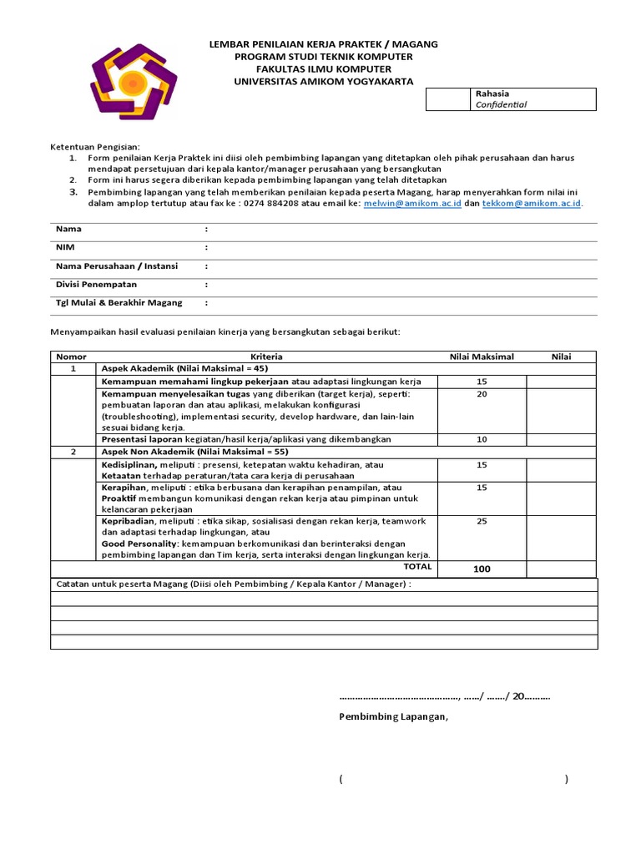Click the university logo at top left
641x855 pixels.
(x=133, y=82)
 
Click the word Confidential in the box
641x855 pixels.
(x=501, y=105)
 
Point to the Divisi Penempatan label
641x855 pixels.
(x=96, y=284)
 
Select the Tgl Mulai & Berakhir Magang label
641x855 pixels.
(x=119, y=302)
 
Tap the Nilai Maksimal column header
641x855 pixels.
(x=482, y=357)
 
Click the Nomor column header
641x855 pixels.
(x=71, y=357)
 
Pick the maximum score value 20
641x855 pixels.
(x=482, y=394)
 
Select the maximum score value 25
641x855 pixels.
(x=482, y=521)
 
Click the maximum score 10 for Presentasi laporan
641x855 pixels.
(x=482, y=439)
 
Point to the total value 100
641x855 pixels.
(x=482, y=569)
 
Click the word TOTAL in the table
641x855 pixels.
(x=417, y=567)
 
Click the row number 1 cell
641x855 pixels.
(x=73, y=368)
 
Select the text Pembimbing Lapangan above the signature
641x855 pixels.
(x=393, y=716)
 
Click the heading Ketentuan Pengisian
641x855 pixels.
(x=96, y=147)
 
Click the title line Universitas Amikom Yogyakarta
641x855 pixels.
(x=323, y=81)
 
